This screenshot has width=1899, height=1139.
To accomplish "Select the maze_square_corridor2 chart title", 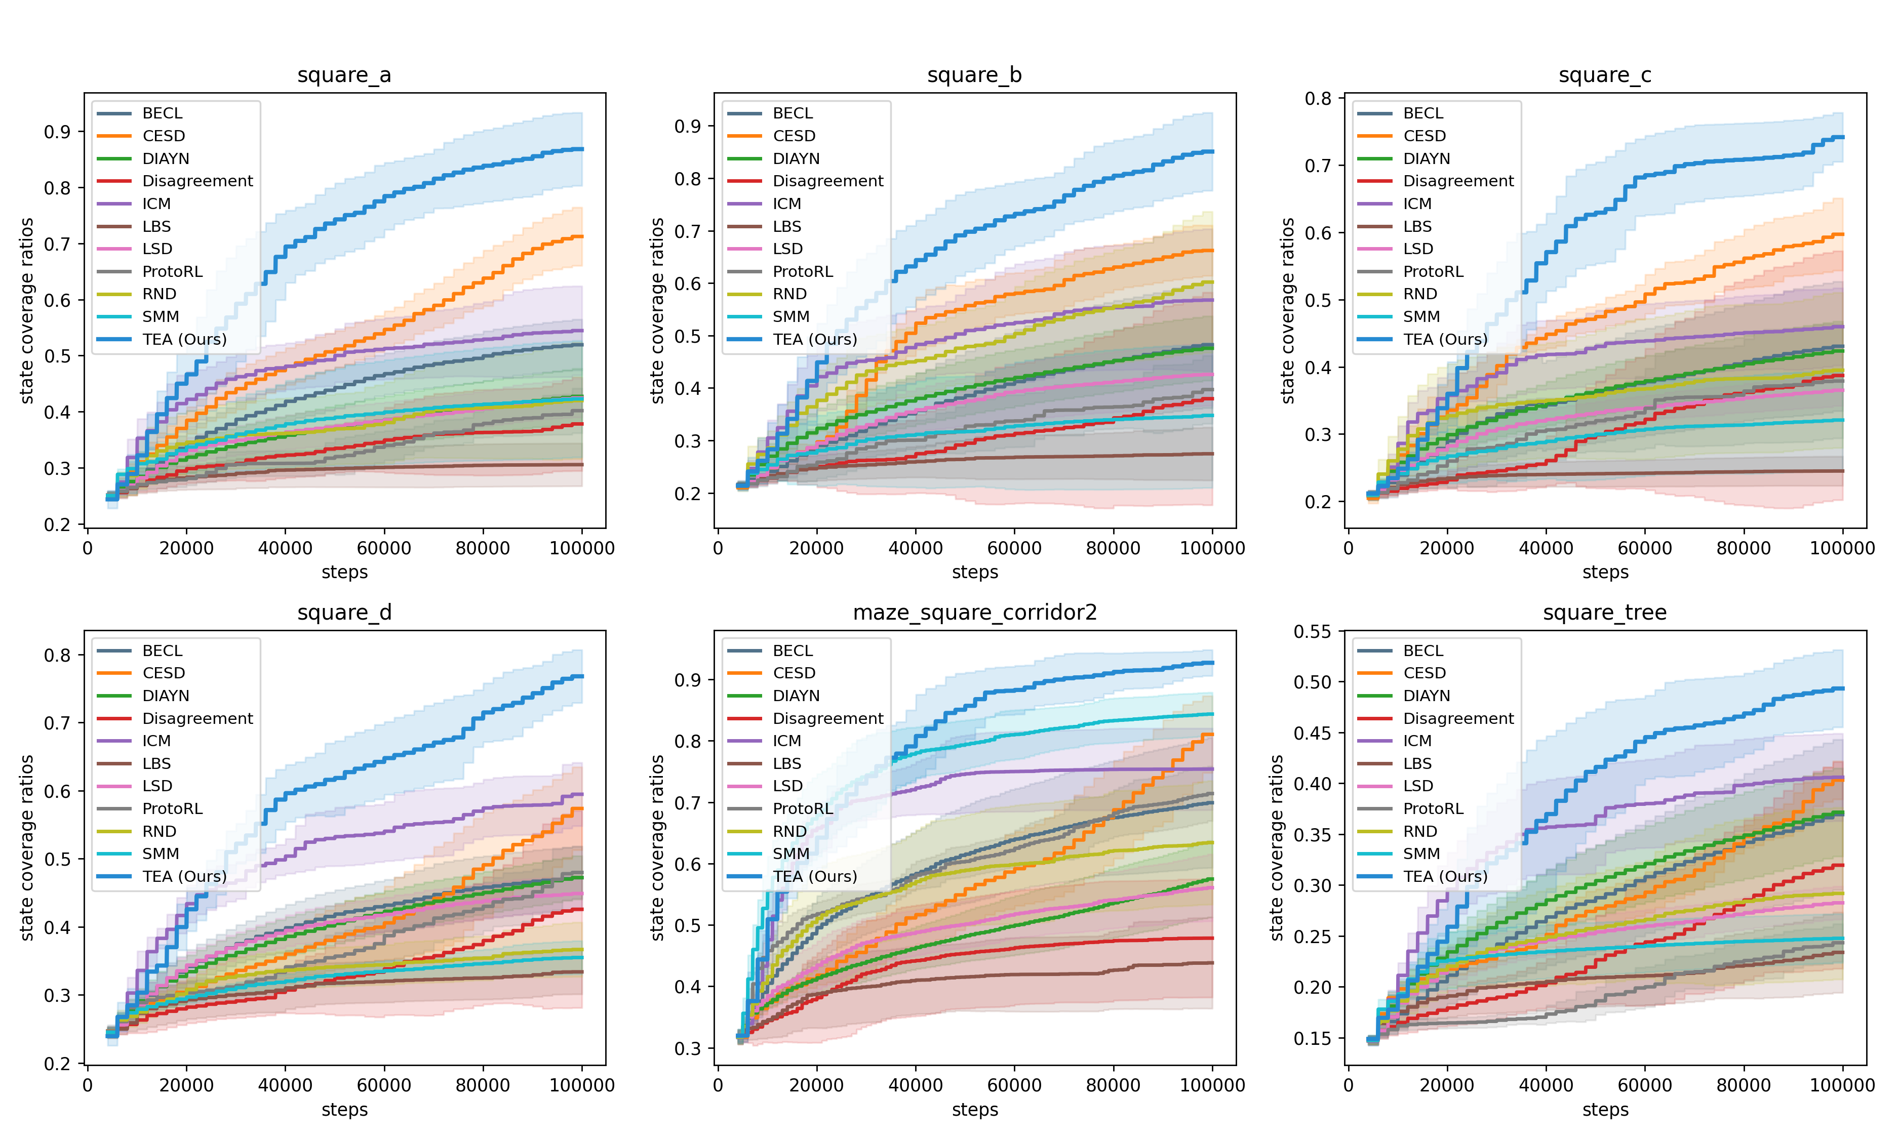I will coord(975,613).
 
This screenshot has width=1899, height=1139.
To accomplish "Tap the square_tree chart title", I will coord(1604,613).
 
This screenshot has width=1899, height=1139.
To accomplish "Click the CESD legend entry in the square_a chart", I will coord(164,136).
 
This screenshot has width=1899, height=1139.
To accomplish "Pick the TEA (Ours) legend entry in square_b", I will coord(814,339).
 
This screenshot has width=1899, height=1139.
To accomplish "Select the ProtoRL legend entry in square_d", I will coord(172,809).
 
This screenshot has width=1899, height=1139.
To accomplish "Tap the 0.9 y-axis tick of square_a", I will coord(57,132).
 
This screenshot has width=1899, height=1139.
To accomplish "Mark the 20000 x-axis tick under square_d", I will coord(186,1085).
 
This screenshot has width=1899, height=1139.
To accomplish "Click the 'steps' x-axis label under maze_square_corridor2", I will coord(975,1110).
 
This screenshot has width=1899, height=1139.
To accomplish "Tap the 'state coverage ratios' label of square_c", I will coord(1288,310).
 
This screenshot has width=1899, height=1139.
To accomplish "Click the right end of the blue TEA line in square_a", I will coord(582,149).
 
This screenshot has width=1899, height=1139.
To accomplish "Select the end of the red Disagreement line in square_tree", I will coord(1842,865).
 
